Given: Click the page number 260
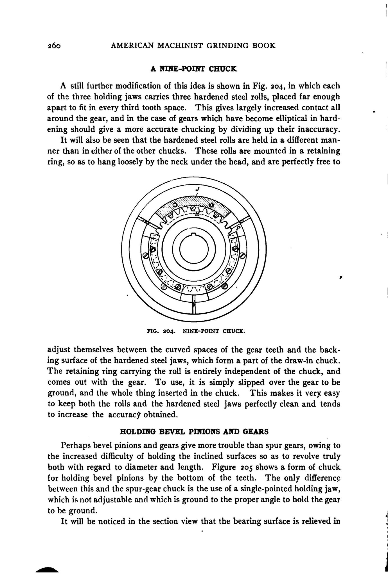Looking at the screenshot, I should (54, 46).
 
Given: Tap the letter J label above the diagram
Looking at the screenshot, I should (197, 189).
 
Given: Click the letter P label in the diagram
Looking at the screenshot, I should (238, 228).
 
